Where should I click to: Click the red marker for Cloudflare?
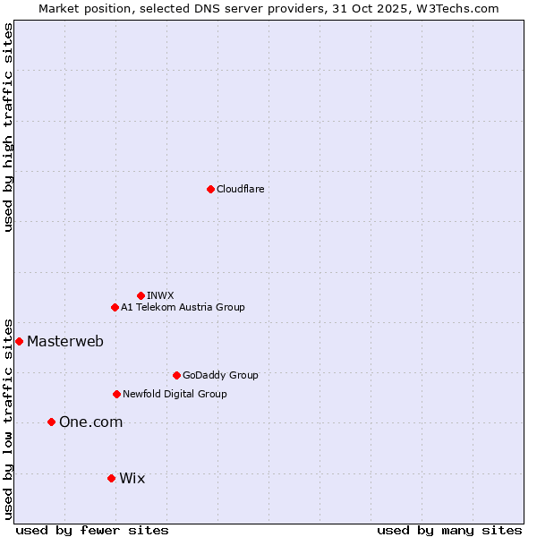(210, 189)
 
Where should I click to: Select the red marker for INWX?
(141, 295)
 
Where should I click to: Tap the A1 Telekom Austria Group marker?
(115, 307)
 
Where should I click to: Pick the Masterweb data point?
(19, 341)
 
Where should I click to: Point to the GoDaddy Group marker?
(176, 375)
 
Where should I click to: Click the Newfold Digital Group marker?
(116, 394)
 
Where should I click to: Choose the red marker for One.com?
(51, 422)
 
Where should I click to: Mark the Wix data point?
(111, 478)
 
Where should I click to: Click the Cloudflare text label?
(240, 189)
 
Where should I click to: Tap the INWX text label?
(160, 295)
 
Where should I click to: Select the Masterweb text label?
(65, 341)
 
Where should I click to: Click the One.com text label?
(90, 422)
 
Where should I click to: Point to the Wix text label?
(132, 478)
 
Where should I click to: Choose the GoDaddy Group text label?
(220, 375)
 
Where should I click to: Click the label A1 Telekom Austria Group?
(183, 307)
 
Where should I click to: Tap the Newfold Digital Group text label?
(175, 394)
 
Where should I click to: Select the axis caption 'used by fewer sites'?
(92, 530)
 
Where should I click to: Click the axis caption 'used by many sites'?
(449, 530)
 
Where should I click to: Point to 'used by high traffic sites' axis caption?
(8, 127)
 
